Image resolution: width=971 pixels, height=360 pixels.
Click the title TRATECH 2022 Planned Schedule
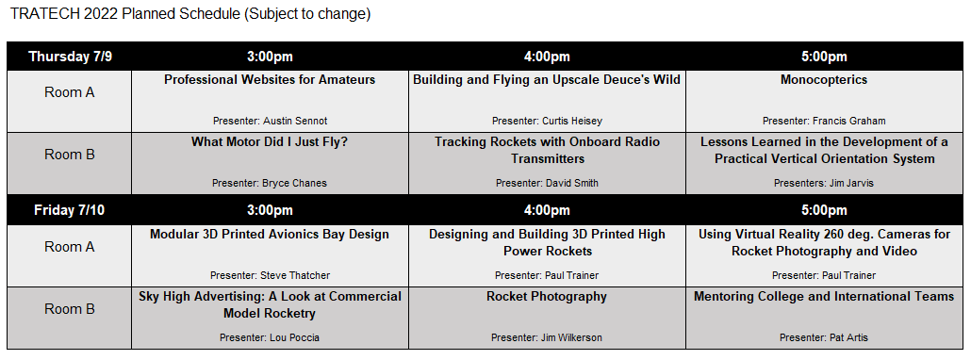tap(189, 14)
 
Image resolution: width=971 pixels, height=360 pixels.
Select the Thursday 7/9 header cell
tap(71, 57)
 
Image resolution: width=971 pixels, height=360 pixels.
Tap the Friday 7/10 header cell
tap(71, 210)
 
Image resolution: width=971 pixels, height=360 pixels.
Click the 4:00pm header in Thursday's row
tap(547, 57)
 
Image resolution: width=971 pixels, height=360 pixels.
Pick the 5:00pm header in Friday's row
tap(824, 210)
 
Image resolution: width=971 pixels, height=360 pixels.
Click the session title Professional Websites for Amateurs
tap(270, 80)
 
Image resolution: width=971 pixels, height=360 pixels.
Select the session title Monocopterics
tap(824, 80)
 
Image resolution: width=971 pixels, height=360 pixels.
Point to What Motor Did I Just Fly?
tap(270, 142)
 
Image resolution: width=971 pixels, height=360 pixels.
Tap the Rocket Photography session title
tap(547, 297)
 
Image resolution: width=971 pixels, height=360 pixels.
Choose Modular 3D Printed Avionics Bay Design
tap(270, 235)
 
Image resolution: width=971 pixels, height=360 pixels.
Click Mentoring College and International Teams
tap(824, 297)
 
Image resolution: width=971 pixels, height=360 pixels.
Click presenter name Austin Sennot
tap(270, 121)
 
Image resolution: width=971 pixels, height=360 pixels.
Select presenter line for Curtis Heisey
tap(547, 121)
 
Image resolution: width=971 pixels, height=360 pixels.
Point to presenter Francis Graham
tap(824, 121)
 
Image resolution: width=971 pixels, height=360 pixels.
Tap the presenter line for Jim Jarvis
tap(824, 183)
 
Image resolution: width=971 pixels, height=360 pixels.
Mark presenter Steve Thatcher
tap(270, 275)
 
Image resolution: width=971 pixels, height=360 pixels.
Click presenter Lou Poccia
tap(270, 337)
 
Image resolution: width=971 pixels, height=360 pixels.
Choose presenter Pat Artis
tap(824, 337)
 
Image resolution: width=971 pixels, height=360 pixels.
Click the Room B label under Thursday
tap(70, 155)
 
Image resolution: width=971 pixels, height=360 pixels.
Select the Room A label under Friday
tap(70, 247)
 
